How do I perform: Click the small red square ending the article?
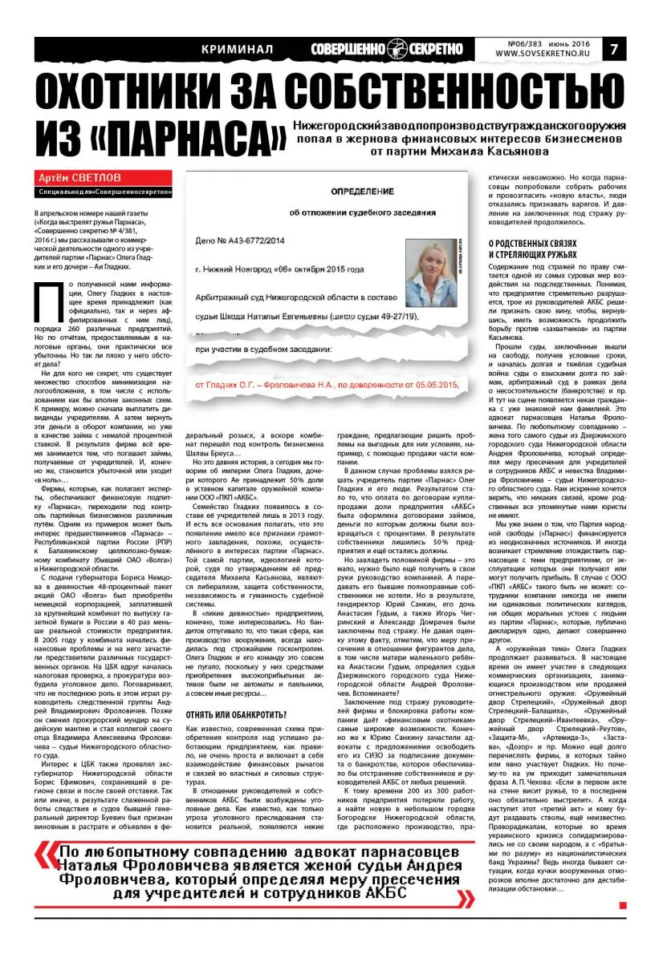622,906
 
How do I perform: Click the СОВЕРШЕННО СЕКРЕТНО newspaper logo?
388,49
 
